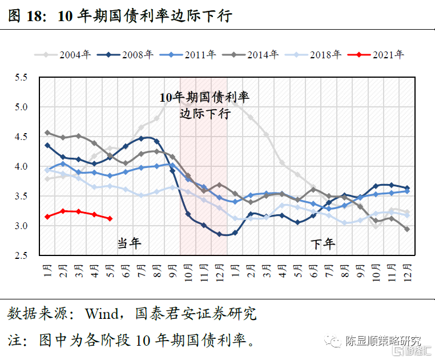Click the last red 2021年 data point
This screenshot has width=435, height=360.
point(110,218)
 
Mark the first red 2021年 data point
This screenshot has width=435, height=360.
point(47,217)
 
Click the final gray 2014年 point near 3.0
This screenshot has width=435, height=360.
point(406,229)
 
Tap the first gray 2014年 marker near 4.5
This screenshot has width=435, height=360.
point(47,133)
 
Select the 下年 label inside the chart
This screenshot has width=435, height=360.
point(323,243)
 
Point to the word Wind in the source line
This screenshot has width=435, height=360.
point(101,314)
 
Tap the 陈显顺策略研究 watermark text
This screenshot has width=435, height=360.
point(381,341)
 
